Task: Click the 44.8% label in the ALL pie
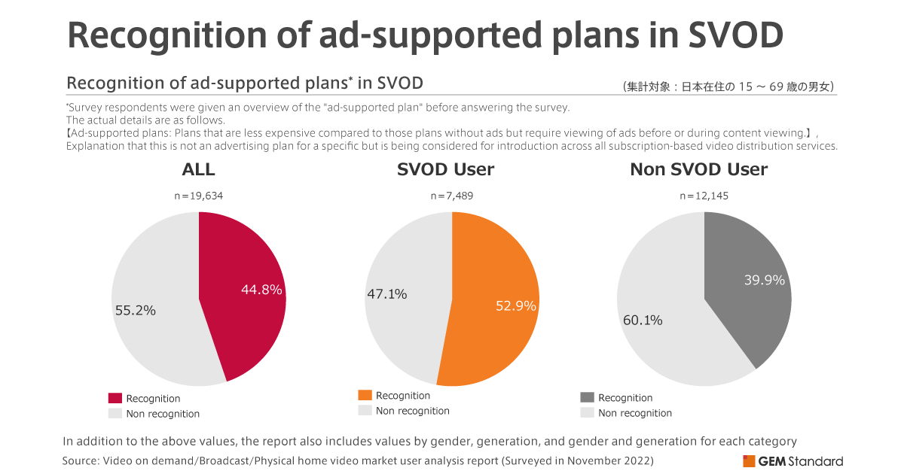tap(261, 290)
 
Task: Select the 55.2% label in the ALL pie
tap(136, 309)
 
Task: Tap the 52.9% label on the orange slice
tap(516, 305)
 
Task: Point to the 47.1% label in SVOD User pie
tap(386, 294)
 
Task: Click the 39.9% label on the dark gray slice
tap(764, 280)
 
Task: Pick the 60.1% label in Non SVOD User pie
tap(643, 320)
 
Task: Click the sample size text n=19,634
tap(199, 196)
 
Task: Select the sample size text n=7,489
tap(452, 196)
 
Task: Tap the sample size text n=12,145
tap(704, 196)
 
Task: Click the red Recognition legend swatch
tap(115, 398)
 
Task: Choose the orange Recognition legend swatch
tap(365, 395)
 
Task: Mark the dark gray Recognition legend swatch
tap(587, 397)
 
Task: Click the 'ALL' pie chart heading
tap(199, 170)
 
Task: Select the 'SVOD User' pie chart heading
tap(446, 170)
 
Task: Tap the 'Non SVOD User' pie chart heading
tap(698, 170)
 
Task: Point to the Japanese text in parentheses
tap(728, 87)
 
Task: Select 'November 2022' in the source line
tap(613, 460)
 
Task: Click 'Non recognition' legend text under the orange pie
tap(412, 411)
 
